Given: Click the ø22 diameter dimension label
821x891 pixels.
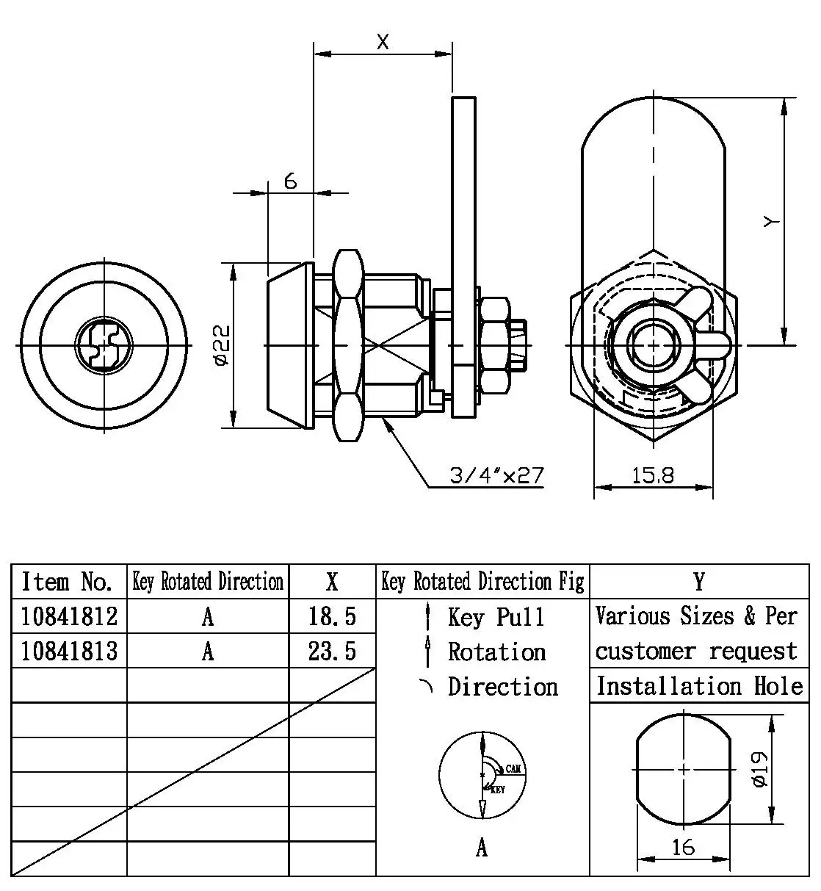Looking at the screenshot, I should pos(223,345).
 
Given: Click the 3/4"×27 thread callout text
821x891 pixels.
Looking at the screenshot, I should pos(497,476).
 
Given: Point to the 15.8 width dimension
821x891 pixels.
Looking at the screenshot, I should pos(653,476).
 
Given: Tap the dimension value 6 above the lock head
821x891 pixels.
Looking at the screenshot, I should pos(291,181).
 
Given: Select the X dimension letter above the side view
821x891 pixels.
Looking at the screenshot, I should pos(383,43).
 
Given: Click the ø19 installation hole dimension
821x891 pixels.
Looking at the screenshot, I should pos(760,769).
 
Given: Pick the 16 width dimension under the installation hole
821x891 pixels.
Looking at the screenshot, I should pos(683,847).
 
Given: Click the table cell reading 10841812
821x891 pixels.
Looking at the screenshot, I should pos(69,616).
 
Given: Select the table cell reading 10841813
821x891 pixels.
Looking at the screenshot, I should pos(69,651).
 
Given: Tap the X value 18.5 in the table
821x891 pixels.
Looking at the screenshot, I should pos(332,616).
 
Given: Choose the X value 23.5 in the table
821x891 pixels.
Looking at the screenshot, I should pos(332,651).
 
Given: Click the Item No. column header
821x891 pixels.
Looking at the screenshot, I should pos(67,582).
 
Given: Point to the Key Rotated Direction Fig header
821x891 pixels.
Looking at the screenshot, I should pos(482,582).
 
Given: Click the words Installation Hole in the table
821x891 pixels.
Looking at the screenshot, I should pos(699,686).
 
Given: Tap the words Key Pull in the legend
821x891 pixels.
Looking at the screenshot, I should pos(496,617).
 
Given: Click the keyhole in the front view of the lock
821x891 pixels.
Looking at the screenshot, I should pos(102,345).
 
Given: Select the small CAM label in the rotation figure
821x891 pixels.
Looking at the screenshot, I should pos(513,768).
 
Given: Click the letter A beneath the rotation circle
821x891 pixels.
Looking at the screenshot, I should pos(482,848).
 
